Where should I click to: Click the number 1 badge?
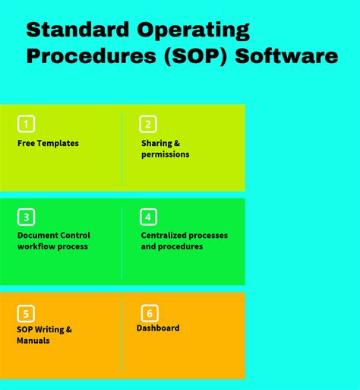[27, 124]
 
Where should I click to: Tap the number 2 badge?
[148, 124]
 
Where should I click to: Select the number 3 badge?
[27, 217]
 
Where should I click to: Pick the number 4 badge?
[148, 217]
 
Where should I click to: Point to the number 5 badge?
[27, 313]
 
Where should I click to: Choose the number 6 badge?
[150, 312]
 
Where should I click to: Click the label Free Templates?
[48, 143]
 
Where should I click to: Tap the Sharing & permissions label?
[165, 148]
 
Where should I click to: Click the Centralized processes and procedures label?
[184, 241]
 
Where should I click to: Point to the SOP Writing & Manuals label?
[44, 335]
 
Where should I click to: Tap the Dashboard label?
[158, 328]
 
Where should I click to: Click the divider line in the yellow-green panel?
[122, 147]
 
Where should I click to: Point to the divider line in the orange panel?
[122, 335]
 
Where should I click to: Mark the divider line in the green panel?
[122, 241]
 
